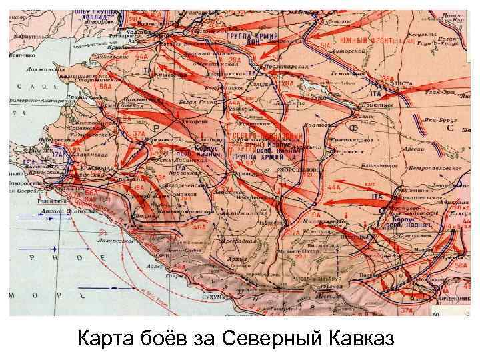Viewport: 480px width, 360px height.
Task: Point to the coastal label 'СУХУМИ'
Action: [218, 292]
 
